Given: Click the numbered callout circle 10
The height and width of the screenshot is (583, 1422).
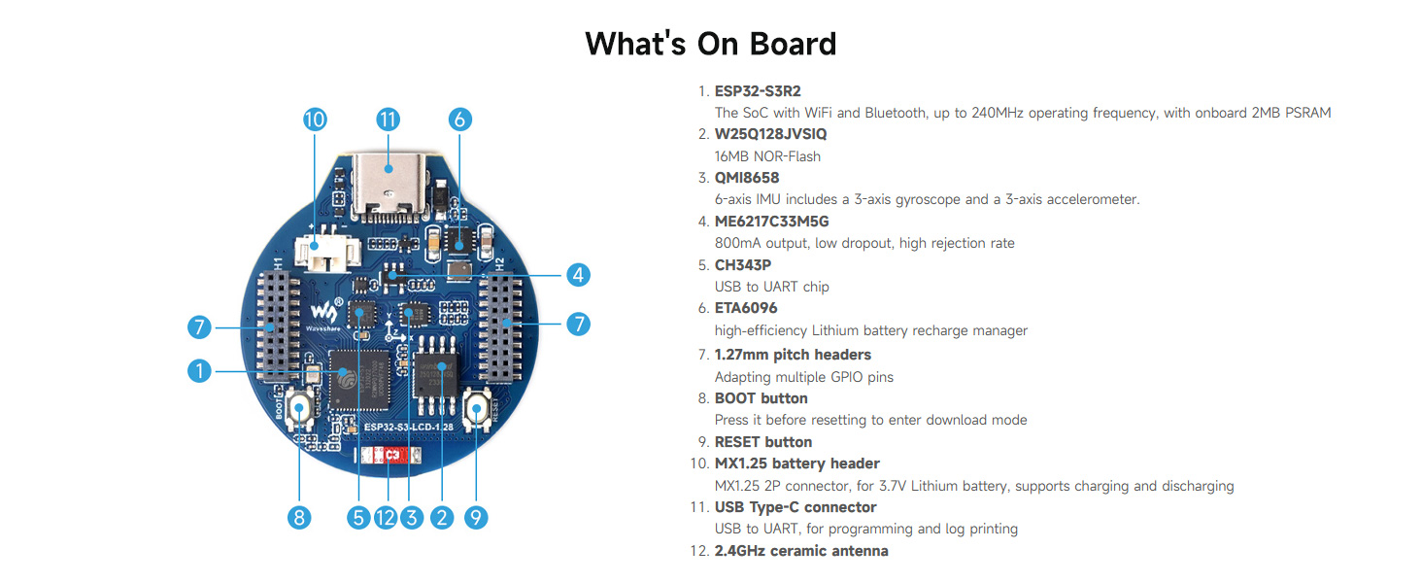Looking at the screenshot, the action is click(315, 120).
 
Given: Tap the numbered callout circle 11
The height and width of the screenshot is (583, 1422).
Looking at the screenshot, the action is click(388, 120).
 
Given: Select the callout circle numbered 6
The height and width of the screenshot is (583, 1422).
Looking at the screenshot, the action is click(459, 120).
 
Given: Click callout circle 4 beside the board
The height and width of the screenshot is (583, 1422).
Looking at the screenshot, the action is click(578, 275).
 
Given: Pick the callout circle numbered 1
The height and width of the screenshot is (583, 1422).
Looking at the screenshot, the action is click(199, 371).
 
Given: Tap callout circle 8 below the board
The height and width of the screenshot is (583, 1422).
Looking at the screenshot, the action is click(299, 518).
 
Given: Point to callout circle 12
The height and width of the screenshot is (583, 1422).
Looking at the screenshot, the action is click(386, 518).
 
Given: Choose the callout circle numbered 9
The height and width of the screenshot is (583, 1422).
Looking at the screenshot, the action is click(476, 518).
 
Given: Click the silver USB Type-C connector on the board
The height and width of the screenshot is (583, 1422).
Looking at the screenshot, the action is click(388, 186).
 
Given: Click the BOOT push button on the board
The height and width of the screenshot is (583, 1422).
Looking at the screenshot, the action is click(299, 408).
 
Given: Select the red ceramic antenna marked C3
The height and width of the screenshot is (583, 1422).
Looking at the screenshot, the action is click(389, 455).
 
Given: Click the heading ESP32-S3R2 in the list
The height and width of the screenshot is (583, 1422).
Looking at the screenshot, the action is click(758, 91).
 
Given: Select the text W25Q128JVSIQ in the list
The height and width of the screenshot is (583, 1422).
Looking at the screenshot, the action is click(770, 134).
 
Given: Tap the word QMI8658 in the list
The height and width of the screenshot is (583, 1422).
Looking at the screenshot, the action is click(747, 178).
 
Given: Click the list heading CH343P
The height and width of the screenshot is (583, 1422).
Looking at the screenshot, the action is click(743, 265).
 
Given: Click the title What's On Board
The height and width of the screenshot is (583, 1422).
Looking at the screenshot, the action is click(710, 44).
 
